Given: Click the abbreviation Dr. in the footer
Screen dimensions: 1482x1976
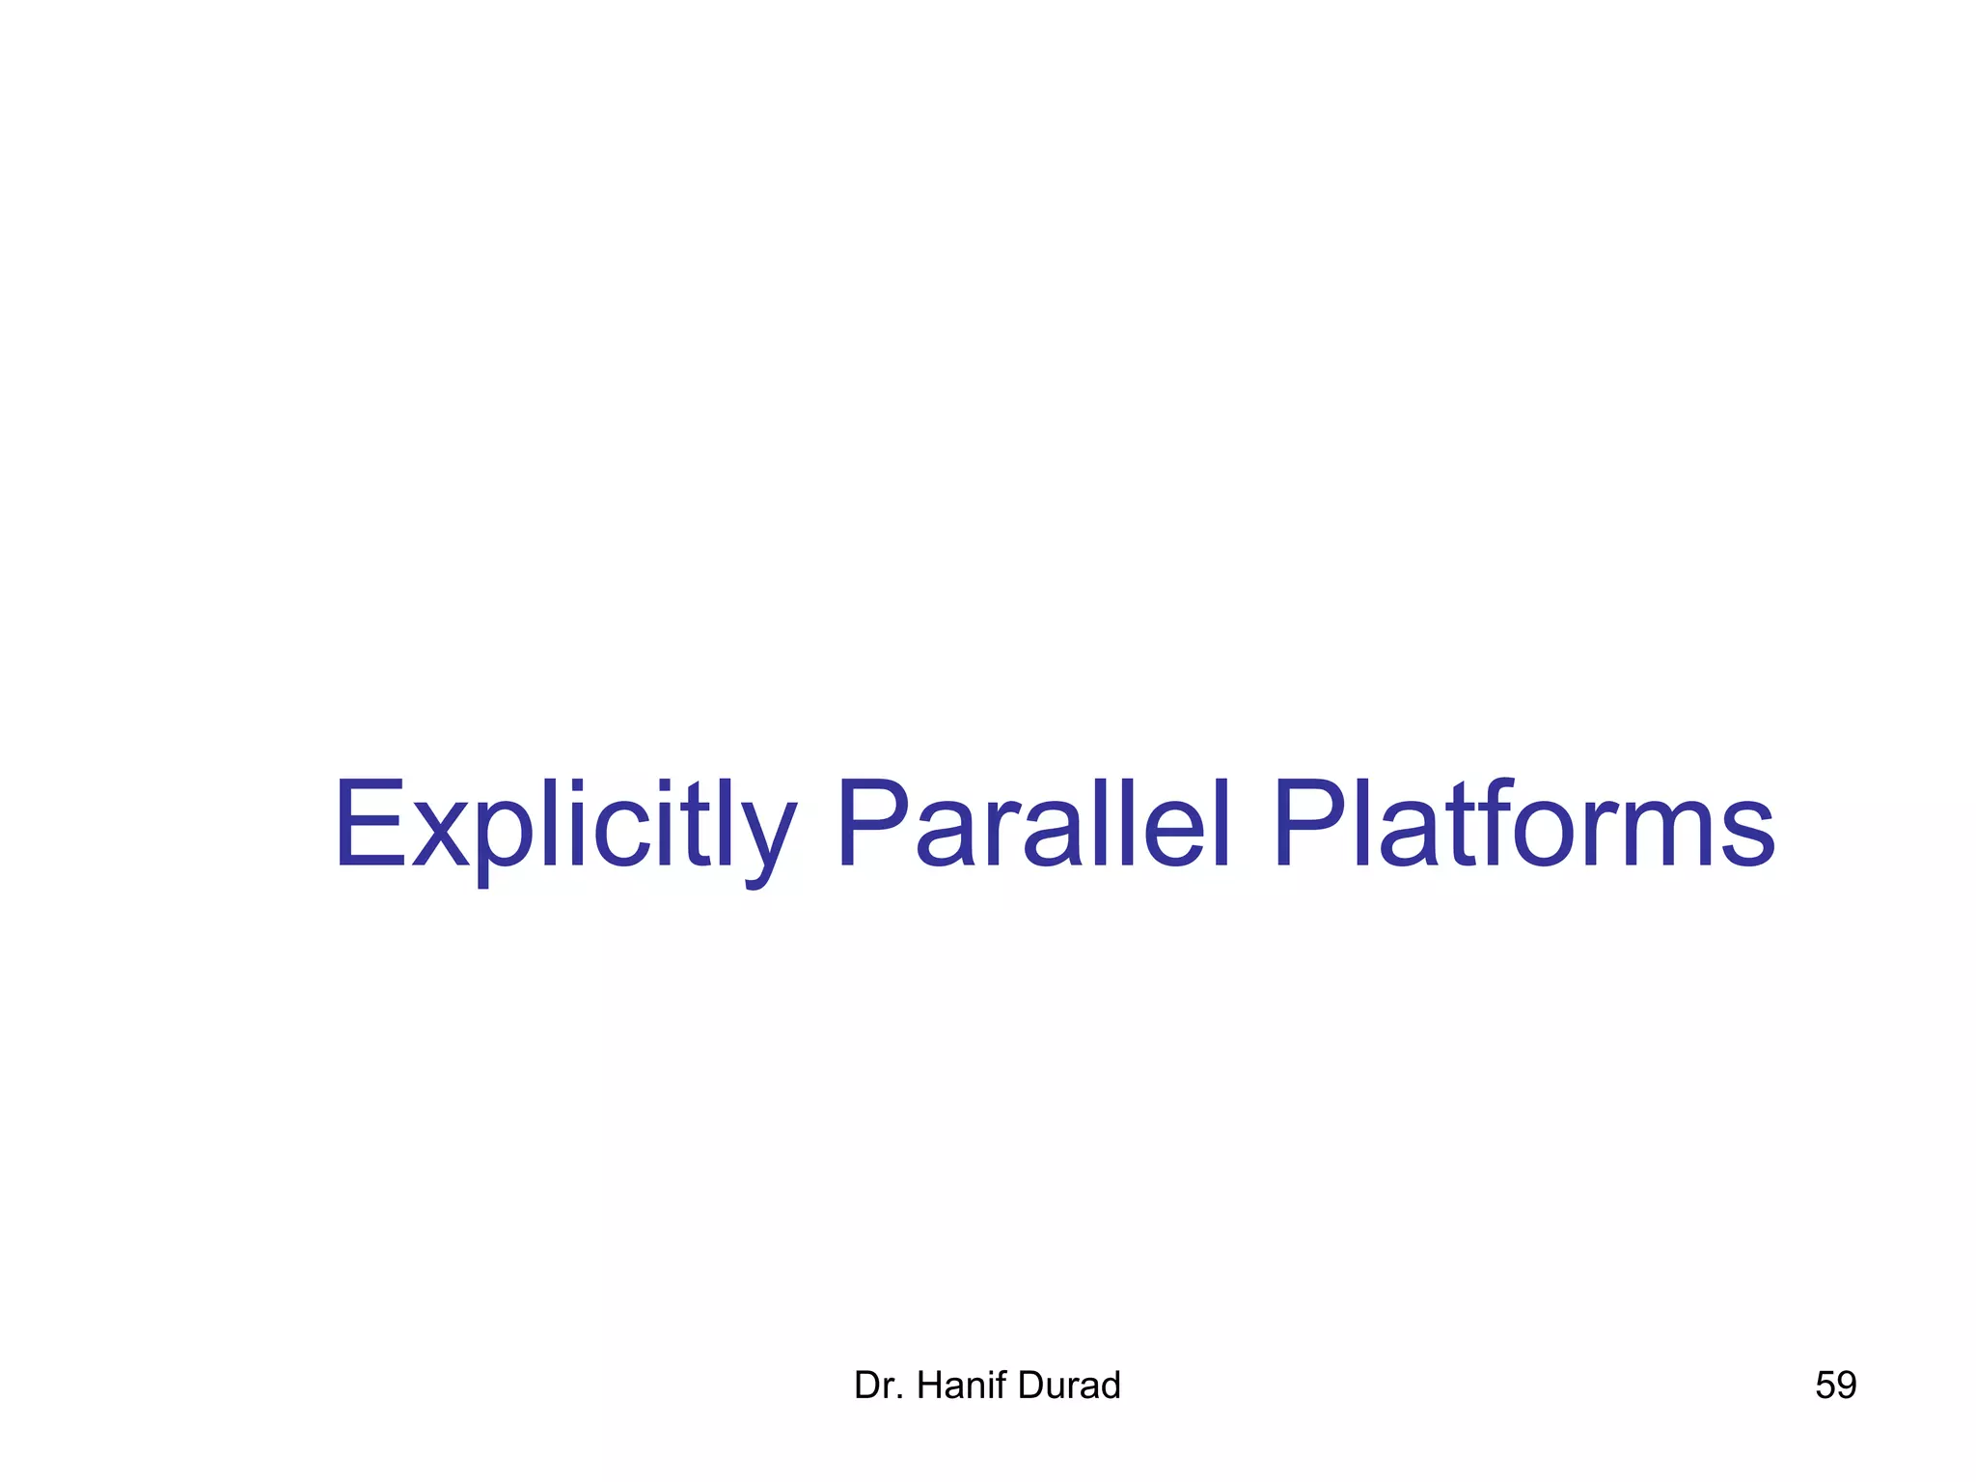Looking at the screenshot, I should (x=876, y=1386).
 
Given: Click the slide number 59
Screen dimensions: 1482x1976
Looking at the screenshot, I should (x=1835, y=1386).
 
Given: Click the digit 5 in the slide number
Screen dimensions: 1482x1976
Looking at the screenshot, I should (x=1825, y=1386).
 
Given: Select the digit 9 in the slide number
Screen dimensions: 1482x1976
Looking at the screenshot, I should (x=1847, y=1386).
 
